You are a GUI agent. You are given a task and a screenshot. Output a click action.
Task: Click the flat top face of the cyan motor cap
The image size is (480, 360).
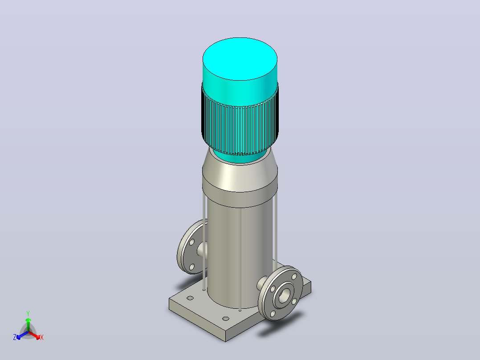pyautogui.click(x=240, y=59)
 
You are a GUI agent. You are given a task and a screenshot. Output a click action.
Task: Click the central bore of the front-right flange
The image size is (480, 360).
pyautogui.click(x=284, y=296)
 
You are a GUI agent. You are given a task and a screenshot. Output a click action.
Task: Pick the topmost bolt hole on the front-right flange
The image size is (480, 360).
pyautogui.click(x=294, y=277)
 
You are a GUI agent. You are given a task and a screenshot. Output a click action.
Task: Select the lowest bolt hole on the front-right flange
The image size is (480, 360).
pyautogui.click(x=273, y=314)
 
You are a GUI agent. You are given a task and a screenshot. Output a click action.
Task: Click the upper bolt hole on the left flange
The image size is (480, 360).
pyautogui.click(x=192, y=242)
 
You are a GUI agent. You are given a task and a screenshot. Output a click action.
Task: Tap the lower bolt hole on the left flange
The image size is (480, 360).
pyautogui.click(x=192, y=267)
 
